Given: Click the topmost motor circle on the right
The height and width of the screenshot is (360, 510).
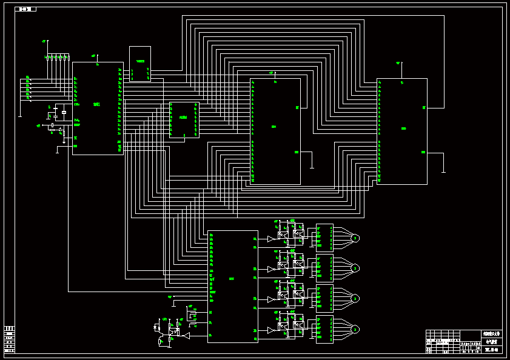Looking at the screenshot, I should [355, 238].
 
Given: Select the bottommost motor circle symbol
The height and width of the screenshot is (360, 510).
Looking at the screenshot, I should [355, 329].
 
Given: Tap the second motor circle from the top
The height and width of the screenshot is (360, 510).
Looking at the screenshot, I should [355, 268].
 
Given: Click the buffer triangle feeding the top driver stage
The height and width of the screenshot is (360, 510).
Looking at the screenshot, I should [270, 239].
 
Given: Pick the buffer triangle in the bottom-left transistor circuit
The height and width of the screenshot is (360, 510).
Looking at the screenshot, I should [187, 335].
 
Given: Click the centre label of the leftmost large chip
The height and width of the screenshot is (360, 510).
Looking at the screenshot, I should [96, 104].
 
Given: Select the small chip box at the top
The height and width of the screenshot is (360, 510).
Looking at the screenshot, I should [140, 64].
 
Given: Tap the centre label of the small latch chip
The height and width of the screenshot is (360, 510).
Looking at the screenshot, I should [183, 118].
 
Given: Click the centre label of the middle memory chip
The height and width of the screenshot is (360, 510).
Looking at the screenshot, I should [274, 127].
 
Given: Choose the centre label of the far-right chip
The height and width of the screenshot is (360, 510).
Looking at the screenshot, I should [403, 128].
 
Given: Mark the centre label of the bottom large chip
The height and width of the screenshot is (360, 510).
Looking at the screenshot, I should [232, 279].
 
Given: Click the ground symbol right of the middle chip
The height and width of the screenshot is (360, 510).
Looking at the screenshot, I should [311, 167].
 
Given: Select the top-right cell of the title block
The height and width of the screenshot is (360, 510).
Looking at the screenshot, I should [491, 334].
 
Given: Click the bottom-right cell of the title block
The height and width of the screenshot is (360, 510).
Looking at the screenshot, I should [491, 350].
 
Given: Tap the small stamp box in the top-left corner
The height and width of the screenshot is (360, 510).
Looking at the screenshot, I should [26, 9].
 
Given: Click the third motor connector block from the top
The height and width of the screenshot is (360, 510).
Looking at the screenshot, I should [324, 298].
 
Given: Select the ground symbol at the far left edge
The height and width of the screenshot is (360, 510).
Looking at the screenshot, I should [20, 115].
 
